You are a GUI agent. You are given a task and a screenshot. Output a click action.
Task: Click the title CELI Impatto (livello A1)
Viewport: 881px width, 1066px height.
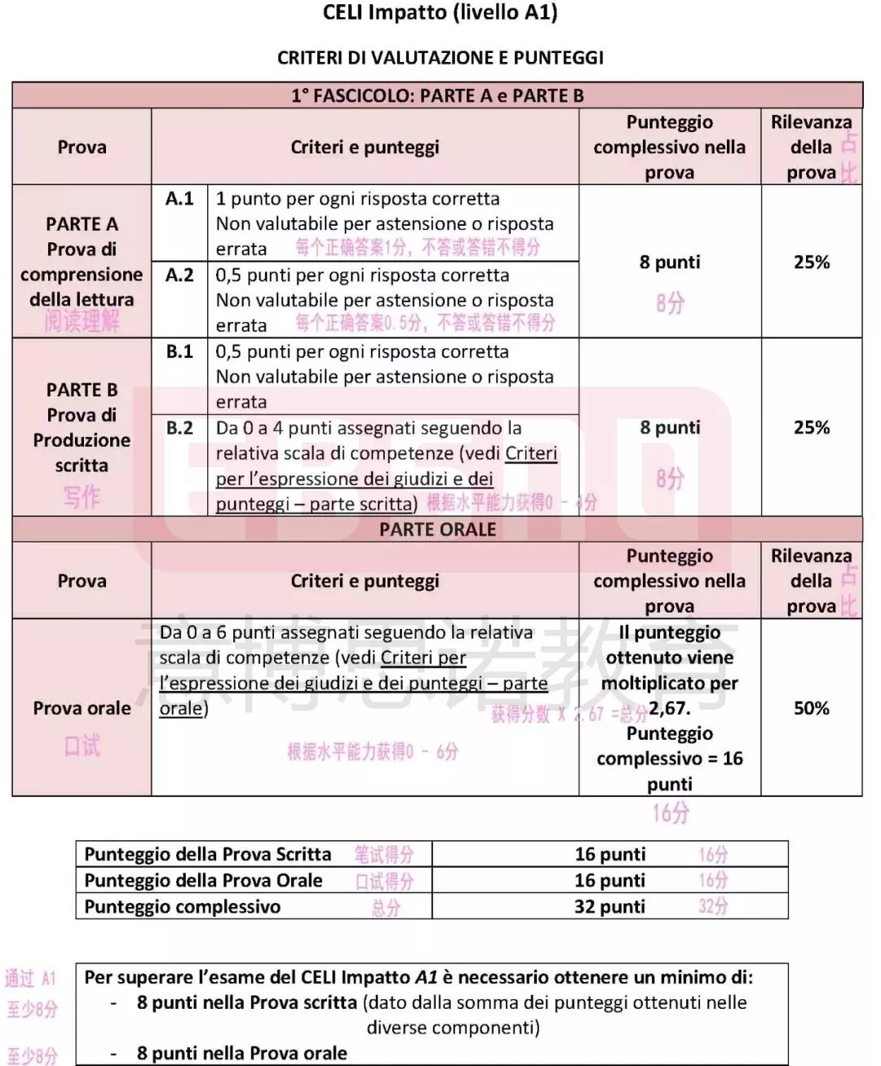(x=440, y=13)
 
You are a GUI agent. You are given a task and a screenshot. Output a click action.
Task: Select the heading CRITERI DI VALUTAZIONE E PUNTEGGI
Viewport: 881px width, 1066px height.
(x=440, y=58)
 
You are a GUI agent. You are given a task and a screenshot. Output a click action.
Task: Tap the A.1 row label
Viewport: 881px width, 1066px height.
(x=179, y=198)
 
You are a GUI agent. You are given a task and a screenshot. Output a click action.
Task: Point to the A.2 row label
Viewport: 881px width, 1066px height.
(x=179, y=275)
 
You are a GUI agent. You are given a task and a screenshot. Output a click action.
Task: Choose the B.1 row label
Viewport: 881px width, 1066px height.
(x=179, y=352)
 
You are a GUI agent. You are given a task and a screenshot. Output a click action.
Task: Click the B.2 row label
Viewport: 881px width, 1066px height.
(x=179, y=428)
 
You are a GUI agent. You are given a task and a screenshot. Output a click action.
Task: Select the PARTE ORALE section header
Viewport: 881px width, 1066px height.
(x=437, y=529)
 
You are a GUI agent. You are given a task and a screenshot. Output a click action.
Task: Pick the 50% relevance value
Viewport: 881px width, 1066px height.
(x=811, y=708)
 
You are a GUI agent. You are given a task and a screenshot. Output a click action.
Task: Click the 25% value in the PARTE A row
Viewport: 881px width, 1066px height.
(x=811, y=262)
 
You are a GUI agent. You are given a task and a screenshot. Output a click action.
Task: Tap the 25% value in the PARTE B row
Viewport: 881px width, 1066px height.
(x=811, y=427)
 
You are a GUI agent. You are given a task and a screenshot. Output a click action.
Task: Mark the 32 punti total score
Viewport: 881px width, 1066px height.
(x=609, y=906)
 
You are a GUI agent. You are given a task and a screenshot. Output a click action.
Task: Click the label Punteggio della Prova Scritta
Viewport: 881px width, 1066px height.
(x=208, y=854)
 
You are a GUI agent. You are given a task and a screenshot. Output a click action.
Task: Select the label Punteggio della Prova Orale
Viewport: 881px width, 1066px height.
(x=203, y=880)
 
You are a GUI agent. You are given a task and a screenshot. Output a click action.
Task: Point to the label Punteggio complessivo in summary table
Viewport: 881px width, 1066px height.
(x=182, y=906)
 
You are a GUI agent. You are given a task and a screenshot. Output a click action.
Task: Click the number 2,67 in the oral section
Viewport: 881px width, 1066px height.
(x=670, y=708)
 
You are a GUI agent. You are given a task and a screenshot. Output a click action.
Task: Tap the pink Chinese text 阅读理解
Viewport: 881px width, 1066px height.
(x=82, y=322)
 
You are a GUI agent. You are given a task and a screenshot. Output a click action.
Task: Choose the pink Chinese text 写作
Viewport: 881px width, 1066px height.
(x=82, y=497)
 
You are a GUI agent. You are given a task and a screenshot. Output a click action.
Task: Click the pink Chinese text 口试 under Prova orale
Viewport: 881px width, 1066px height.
(x=82, y=745)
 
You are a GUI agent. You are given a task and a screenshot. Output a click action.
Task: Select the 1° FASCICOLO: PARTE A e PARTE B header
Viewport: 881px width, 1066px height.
(x=437, y=95)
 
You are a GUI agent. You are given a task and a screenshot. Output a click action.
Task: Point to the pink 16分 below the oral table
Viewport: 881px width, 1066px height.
(x=671, y=813)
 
